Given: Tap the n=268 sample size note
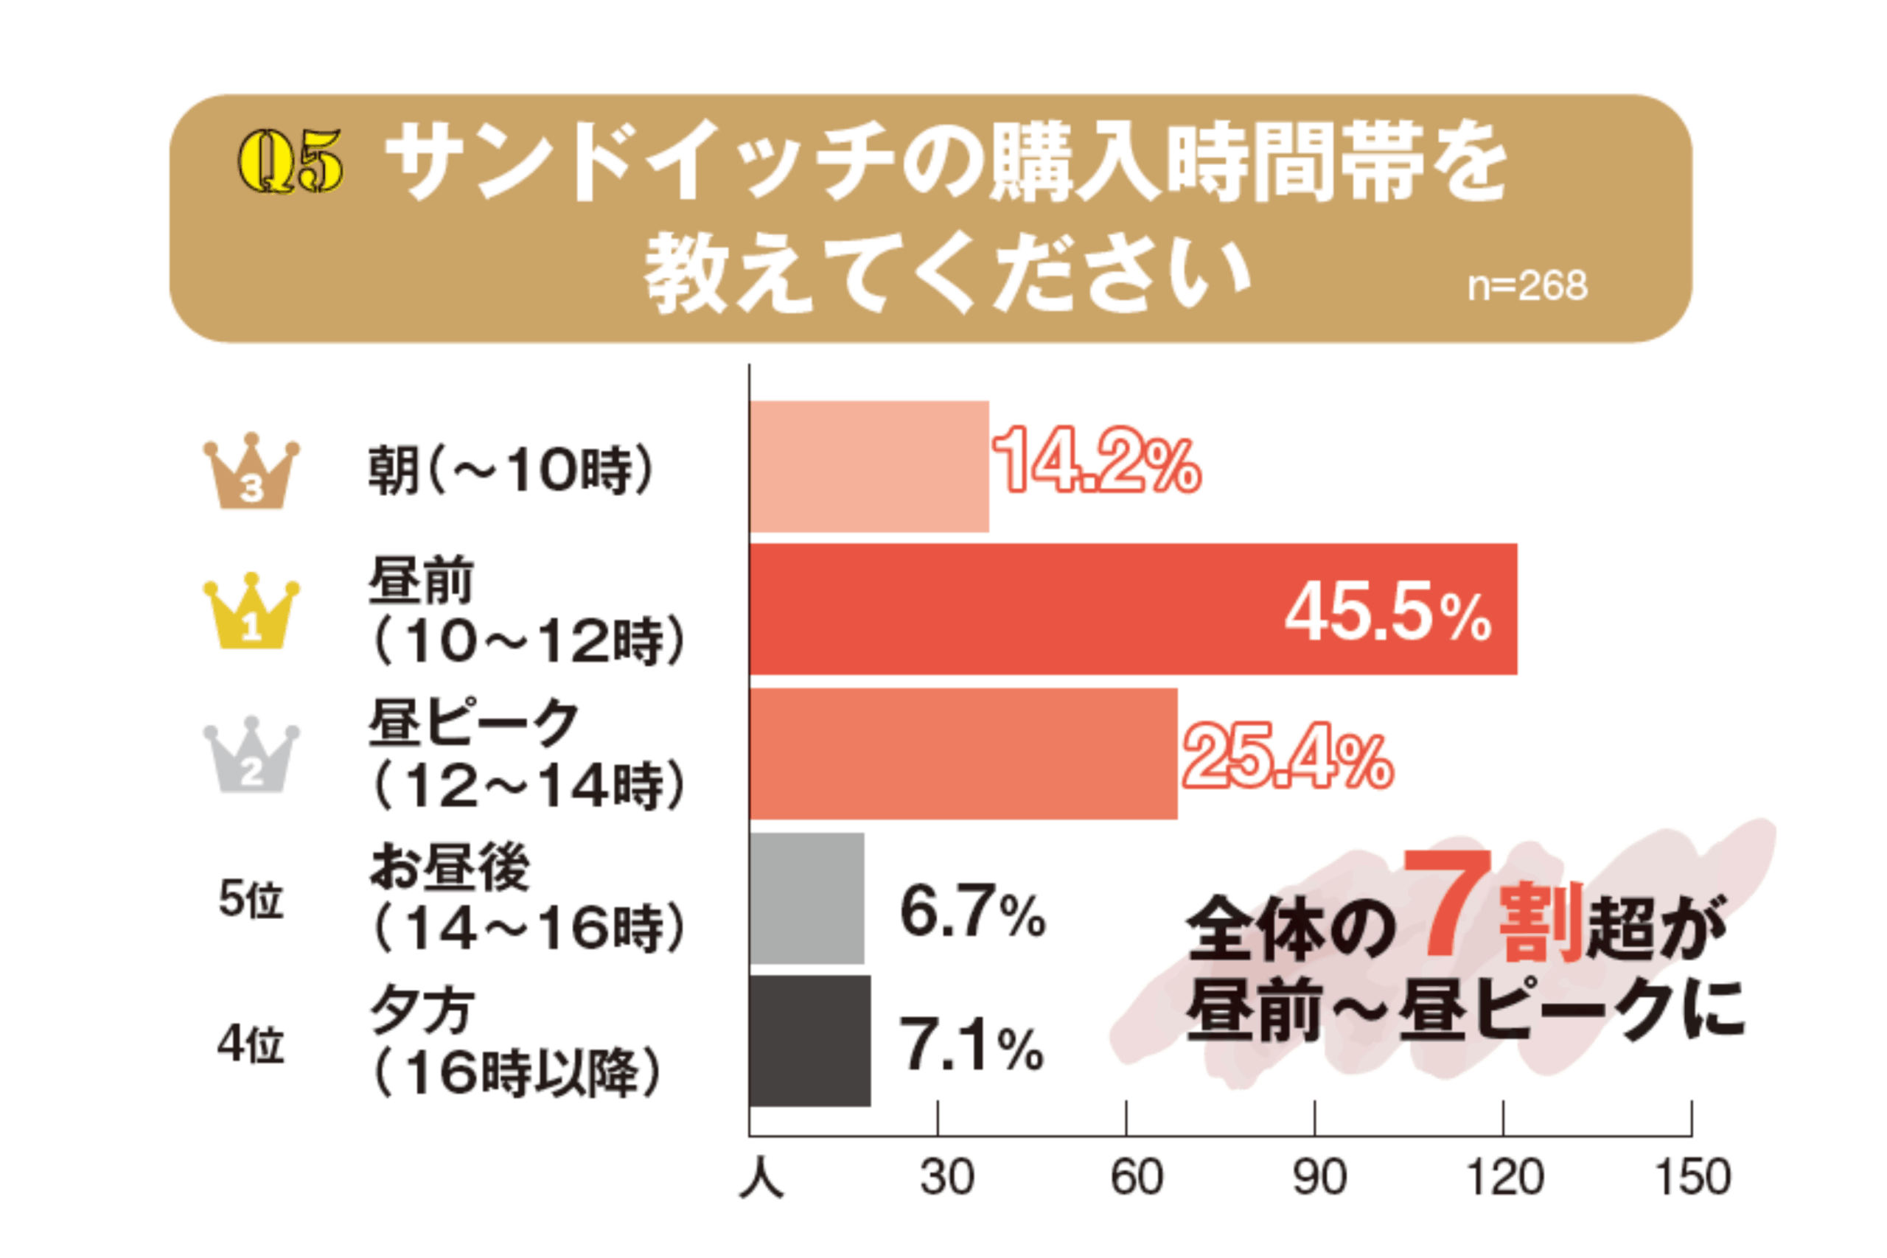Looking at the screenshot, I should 1527,287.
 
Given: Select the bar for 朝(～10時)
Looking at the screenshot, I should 869,466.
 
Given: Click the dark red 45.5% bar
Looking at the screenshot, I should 1133,609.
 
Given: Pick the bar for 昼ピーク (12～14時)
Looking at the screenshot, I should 963,753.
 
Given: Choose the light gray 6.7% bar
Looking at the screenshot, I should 807,898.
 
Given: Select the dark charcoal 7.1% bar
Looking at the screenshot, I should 809,1041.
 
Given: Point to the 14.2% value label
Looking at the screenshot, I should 1096,461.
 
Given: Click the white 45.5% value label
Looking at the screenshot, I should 1387,613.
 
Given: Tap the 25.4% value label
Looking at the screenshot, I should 1287,756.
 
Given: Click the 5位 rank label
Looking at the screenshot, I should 251,899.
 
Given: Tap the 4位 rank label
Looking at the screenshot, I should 251,1044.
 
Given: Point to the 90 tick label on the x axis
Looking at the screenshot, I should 1319,1178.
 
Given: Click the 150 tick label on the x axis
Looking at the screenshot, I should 1693,1178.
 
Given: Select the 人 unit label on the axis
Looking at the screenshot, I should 761,1179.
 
